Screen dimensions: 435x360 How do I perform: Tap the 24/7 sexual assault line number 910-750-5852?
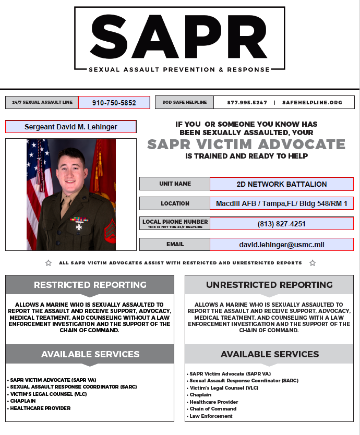114,103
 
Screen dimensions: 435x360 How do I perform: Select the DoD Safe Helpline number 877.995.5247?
247,103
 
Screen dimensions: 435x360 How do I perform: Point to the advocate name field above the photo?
71,127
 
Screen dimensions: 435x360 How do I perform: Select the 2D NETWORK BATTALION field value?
282,184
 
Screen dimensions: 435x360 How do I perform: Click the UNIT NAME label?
175,184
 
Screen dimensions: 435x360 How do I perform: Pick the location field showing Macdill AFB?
282,203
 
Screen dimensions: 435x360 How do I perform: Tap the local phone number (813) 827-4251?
282,224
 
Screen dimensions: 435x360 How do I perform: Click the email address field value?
282,244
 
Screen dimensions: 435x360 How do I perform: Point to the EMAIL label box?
175,244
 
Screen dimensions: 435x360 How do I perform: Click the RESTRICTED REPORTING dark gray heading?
90,285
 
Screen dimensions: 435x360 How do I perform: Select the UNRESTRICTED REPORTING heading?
269,285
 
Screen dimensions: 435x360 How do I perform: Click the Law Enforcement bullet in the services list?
211,416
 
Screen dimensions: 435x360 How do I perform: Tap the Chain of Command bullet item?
213,409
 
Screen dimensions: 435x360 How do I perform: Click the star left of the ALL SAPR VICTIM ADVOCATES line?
49,263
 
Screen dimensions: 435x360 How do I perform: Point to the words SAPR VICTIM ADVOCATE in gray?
246,144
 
